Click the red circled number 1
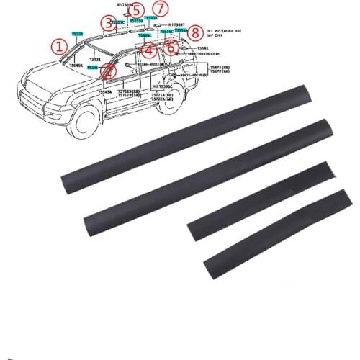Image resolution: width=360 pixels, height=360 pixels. [x=58, y=48]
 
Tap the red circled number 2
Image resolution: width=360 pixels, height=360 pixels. [x=107, y=72]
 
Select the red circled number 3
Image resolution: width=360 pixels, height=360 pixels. [x=107, y=25]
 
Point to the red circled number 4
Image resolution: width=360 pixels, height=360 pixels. [x=148, y=51]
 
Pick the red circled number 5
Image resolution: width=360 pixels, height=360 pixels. [x=135, y=10]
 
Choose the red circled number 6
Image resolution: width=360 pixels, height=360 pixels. [x=171, y=48]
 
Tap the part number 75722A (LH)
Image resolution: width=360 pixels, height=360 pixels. [x=168, y=99]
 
